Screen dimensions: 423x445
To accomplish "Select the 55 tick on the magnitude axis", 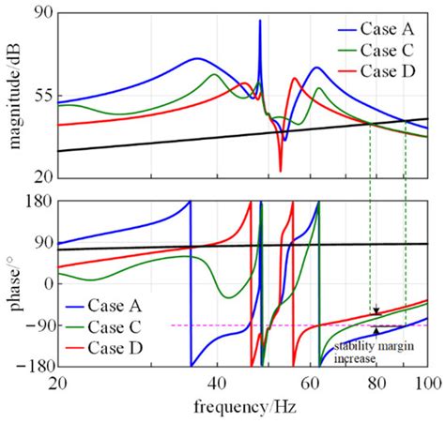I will [x=41, y=96].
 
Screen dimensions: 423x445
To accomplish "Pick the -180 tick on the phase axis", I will [x=34, y=367].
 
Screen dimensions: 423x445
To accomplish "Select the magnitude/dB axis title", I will [x=12, y=95].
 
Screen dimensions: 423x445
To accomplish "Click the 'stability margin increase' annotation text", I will [x=368, y=353].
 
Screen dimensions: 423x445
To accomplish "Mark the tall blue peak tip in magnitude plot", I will [x=260, y=21].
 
